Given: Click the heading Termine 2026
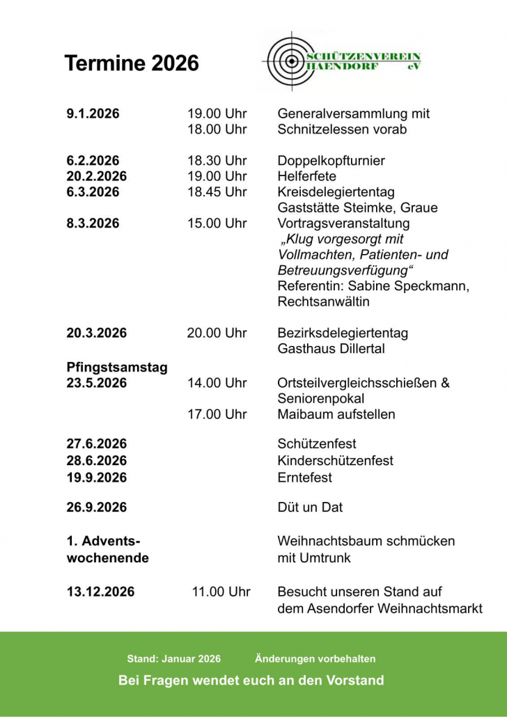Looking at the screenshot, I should click(x=132, y=63).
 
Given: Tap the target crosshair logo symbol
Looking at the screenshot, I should click(x=287, y=61).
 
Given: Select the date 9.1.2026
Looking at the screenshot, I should click(x=93, y=114).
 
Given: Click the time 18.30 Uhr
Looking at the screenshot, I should click(x=217, y=161).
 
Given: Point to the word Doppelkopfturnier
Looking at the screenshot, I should click(x=331, y=161).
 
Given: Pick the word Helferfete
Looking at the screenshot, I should click(x=306, y=176).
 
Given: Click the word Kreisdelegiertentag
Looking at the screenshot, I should click(x=336, y=192).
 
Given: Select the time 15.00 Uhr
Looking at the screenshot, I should click(x=217, y=223).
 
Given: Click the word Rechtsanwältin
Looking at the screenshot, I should click(x=323, y=302).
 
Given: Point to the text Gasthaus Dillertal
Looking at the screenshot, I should click(x=331, y=349).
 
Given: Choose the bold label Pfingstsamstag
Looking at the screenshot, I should click(x=117, y=368).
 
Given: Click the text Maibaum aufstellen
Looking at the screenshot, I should click(x=336, y=414).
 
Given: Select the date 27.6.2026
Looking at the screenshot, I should click(x=97, y=444).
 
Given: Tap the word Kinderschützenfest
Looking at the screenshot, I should click(x=335, y=461).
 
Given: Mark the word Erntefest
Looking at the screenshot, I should click(x=304, y=478).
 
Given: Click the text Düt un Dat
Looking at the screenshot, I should click(x=310, y=507).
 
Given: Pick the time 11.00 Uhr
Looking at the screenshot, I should click(x=221, y=592).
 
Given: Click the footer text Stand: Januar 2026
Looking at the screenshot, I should click(x=173, y=659).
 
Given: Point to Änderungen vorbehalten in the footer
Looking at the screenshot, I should click(x=315, y=659).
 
